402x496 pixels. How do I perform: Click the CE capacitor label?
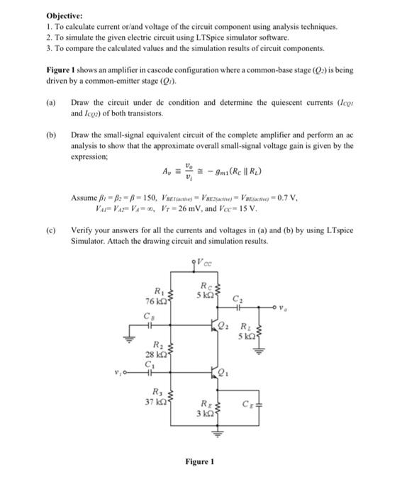247,404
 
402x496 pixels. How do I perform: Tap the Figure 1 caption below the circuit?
199,461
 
